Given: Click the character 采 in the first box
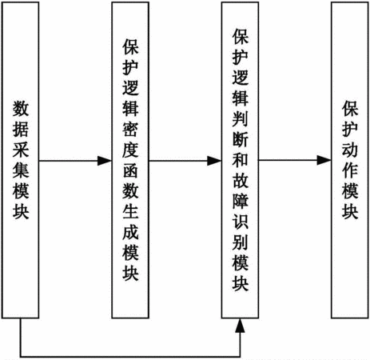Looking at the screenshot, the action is [21, 150].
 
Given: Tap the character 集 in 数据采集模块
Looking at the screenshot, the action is [21, 170].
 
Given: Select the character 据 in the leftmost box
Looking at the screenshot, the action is [21, 129].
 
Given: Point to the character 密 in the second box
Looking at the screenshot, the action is [130, 130].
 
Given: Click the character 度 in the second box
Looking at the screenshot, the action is [130, 150].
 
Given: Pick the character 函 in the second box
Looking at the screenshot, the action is [130, 170].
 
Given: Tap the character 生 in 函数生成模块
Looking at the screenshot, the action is [130, 212].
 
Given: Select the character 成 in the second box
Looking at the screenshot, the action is [130, 232].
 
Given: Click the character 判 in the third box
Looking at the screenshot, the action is [240, 118].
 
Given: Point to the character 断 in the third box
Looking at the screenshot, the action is [240, 138].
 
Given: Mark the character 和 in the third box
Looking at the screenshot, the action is [240, 159].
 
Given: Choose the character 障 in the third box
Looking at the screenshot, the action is [240, 201].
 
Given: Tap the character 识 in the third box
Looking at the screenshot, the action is [240, 221].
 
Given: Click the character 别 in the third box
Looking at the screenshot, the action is [240, 242].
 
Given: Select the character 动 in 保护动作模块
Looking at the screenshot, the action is [350, 150].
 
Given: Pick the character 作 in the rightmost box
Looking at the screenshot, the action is [350, 170].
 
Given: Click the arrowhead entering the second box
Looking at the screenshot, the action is [105, 161].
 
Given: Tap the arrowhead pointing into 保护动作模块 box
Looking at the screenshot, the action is [324, 160].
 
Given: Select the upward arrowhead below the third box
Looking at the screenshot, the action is [240, 326].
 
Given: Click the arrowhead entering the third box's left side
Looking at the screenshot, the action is [214, 161].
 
